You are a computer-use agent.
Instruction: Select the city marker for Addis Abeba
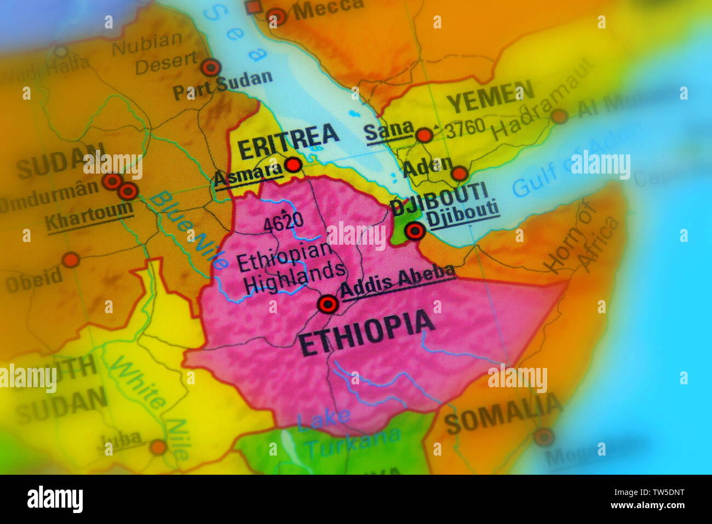(328, 304)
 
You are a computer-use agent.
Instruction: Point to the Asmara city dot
(294, 165)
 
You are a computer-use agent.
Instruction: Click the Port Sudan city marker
(210, 68)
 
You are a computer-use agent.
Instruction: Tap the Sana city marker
(424, 135)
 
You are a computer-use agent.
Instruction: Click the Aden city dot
(459, 174)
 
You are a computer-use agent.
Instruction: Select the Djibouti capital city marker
(415, 231)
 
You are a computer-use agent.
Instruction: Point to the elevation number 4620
(283, 222)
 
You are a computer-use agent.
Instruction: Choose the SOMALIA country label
(503, 415)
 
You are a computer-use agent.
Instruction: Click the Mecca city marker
(277, 17)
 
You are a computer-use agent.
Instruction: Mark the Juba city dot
(158, 447)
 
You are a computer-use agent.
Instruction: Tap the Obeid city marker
(71, 260)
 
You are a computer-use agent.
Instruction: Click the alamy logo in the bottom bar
(55, 499)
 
